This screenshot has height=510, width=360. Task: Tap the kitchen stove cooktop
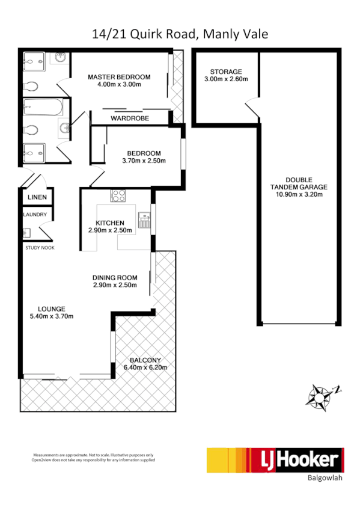click(117, 195)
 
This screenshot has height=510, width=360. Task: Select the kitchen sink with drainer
click(144, 221)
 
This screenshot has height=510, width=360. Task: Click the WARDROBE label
click(130, 118)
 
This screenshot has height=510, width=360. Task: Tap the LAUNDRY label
click(35, 215)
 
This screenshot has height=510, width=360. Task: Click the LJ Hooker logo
click(275, 460)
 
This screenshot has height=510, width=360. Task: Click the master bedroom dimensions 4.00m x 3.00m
click(119, 85)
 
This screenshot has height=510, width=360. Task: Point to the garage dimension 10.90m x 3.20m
click(299, 194)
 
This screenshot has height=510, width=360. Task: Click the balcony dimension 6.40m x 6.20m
click(145, 367)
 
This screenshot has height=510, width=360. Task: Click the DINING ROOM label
click(114, 277)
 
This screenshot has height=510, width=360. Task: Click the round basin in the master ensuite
click(61, 58)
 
